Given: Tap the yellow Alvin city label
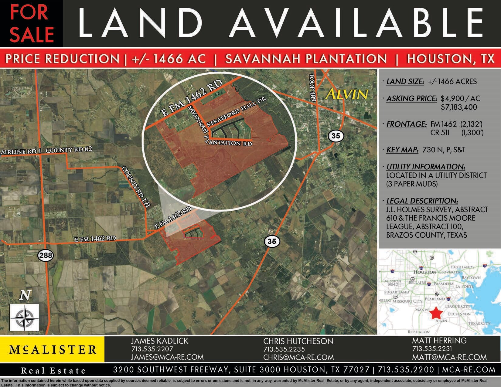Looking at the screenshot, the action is click(x=347, y=94).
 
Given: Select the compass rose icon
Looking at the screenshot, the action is click(x=24, y=317).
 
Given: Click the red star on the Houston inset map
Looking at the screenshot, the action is click(x=437, y=312).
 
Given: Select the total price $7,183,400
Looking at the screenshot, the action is click(x=459, y=107).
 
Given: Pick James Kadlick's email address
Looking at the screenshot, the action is click(x=167, y=357).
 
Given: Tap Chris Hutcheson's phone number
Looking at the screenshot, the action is click(x=284, y=349).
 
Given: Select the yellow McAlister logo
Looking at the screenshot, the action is click(x=52, y=349).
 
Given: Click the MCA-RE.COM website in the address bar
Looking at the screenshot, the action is click(x=469, y=370).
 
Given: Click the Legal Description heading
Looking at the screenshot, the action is click(x=422, y=201).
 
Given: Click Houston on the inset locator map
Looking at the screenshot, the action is click(x=425, y=272).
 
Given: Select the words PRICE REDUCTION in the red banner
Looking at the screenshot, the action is click(x=63, y=59).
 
